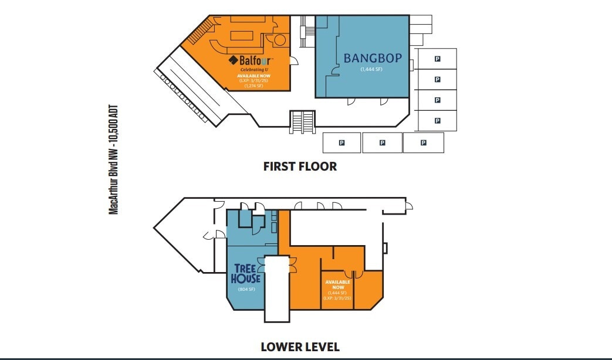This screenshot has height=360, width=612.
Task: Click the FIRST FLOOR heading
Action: tap(300, 167)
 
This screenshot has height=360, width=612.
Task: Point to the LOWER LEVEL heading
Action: tap(300, 347)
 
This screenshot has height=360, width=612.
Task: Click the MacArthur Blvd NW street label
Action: tap(114, 159)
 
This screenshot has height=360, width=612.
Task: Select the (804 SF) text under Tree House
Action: tap(245, 289)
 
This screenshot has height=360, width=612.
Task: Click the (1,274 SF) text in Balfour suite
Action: tap(254, 86)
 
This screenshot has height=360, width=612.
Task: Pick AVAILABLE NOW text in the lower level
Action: tap(337, 284)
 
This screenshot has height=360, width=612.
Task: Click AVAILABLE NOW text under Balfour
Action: tap(254, 76)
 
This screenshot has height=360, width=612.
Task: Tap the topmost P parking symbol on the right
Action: tap(437, 59)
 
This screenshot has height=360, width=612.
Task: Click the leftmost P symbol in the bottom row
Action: tap(341, 142)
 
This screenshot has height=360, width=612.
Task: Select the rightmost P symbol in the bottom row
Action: tap(423, 142)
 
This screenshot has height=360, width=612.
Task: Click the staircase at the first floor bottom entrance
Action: tap(303, 121)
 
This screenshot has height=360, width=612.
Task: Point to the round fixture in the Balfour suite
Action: tap(279, 40)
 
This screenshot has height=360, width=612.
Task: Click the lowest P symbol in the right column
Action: tap(437, 121)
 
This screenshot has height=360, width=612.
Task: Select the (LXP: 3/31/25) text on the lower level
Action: tap(337, 298)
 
